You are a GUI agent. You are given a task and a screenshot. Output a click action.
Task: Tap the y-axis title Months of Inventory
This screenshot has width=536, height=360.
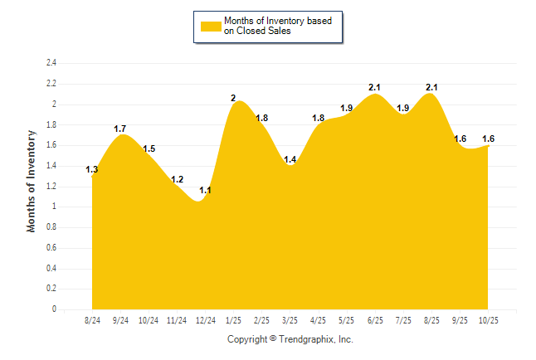[x=32, y=180]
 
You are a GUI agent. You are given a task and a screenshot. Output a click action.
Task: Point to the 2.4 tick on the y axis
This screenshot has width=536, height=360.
[x=51, y=63]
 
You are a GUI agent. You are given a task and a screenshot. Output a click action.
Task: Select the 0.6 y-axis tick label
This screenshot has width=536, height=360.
[x=51, y=248]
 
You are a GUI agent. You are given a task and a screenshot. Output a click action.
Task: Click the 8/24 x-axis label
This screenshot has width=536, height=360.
[x=92, y=319]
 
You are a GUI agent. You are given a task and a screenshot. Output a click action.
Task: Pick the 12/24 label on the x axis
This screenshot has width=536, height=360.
[x=206, y=319]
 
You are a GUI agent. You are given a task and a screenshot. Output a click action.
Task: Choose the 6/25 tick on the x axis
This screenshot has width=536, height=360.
[x=375, y=319]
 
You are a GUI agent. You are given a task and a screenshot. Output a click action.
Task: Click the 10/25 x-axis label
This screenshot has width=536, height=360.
[x=488, y=319]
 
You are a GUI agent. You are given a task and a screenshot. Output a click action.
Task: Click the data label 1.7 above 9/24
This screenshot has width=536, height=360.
[x=120, y=129]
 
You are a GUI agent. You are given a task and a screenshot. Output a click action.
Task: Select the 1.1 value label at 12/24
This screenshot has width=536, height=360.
[x=205, y=191]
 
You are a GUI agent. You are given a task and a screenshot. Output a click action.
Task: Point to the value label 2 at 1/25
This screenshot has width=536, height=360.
[x=234, y=99]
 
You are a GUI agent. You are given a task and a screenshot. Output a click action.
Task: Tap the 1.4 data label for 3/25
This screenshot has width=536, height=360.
[x=290, y=159]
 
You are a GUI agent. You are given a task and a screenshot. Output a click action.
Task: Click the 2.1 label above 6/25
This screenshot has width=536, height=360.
[x=375, y=87]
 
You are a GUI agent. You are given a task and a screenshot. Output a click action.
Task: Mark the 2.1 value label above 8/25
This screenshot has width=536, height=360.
[x=431, y=87]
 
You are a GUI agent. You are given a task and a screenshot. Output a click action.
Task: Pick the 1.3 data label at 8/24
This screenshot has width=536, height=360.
[x=92, y=170]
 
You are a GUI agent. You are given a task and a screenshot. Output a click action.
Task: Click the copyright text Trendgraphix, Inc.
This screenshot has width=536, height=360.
[x=290, y=339]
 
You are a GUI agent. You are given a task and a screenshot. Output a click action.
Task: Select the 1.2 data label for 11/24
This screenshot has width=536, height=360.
[x=177, y=179]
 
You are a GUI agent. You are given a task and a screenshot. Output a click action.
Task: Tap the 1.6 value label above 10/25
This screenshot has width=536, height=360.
[x=488, y=139]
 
